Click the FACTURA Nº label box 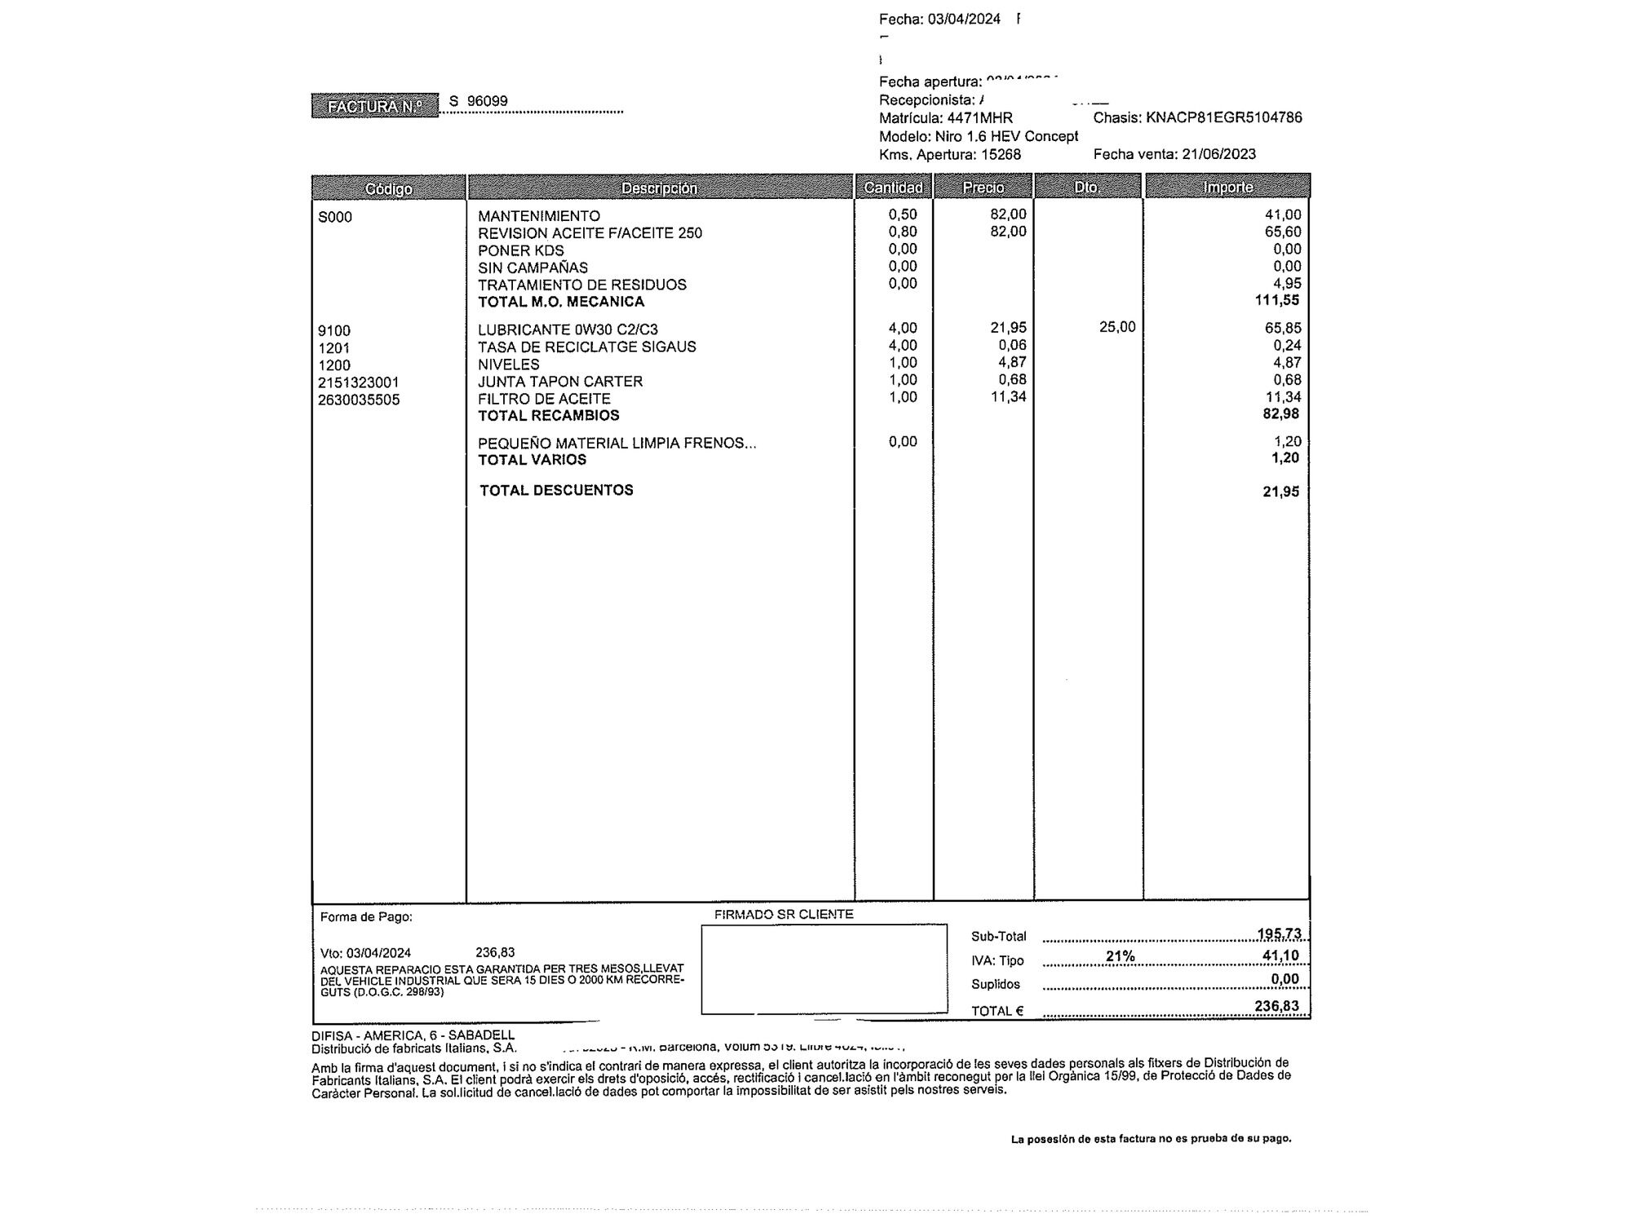coord(374,106)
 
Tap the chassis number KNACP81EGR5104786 coord(1223,117)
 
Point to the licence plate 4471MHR coord(979,118)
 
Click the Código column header coord(388,188)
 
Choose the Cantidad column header coord(893,188)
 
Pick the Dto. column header coord(1086,188)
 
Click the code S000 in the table coord(335,217)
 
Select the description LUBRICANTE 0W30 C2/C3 coord(568,329)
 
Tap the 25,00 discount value coord(1116,327)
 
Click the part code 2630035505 coord(359,400)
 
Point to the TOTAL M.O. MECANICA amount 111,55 coord(1277,300)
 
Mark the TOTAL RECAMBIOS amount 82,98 coord(1280,413)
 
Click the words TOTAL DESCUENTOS coord(556,490)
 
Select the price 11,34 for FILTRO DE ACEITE coord(1008,397)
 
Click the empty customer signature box coord(824,969)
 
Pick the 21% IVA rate coord(1120,956)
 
